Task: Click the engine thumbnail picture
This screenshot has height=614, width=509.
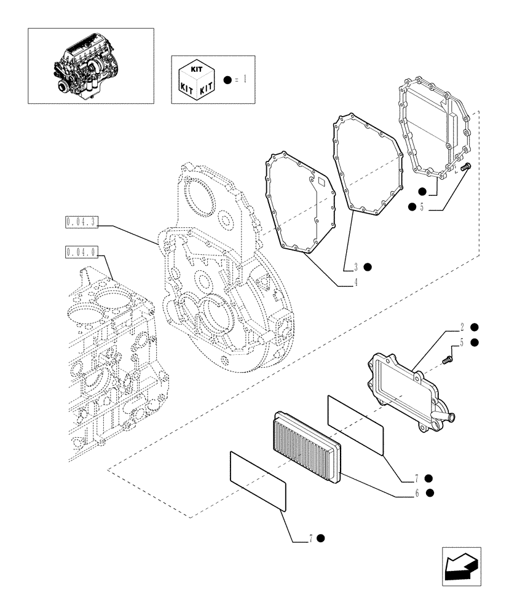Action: [90, 65]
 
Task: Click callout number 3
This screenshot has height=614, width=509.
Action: [355, 267]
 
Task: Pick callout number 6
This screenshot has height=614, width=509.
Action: [417, 492]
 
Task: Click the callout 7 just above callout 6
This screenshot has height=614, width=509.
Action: [417, 478]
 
